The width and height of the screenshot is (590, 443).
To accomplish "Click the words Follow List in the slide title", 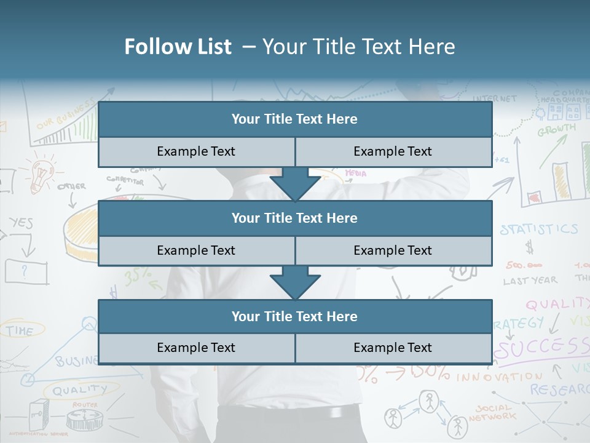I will coord(178,47).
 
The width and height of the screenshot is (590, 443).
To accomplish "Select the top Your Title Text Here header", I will coord(294,119).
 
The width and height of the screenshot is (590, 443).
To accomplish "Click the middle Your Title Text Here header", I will coord(294,218).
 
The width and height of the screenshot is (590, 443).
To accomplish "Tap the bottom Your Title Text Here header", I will coord(294,316).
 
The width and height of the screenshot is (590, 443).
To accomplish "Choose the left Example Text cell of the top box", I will coord(196,151).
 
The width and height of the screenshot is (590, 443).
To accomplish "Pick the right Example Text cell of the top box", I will coord(393,151).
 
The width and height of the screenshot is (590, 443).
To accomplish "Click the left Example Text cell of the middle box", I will coord(196,250).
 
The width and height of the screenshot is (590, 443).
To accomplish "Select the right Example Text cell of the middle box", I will coord(393,250).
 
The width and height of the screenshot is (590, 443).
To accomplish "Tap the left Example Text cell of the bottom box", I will coord(196,348).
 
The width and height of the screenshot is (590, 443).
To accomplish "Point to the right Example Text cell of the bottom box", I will coord(393,348).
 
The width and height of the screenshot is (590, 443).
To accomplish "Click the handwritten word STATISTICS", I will coord(538,229).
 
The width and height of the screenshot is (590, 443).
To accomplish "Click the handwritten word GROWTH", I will coord(557,130).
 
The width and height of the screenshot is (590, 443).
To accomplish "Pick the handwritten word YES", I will coord(21,223).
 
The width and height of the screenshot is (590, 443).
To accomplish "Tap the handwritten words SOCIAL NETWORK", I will coord(492,412).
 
